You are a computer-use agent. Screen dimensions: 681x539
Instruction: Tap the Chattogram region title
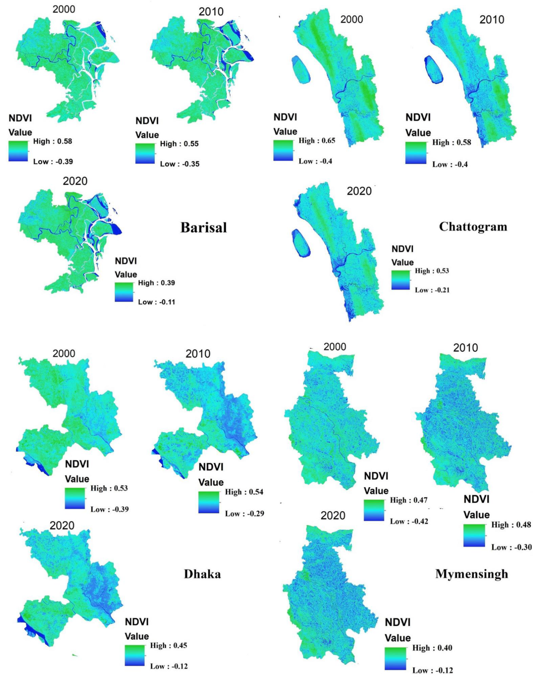(473, 227)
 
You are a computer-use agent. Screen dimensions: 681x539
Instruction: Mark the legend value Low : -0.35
(179, 164)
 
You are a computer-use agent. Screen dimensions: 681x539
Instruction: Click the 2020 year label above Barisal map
(75, 181)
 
